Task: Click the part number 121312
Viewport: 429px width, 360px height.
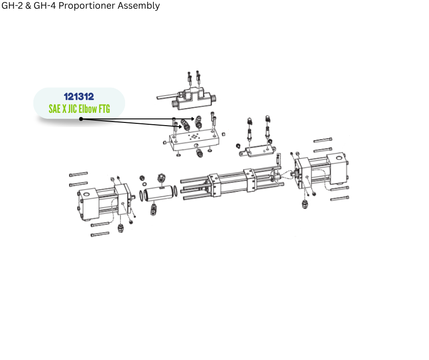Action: (79, 96)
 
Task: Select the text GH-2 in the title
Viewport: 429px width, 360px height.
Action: (12, 5)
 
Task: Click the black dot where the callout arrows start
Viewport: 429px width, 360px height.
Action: (81, 119)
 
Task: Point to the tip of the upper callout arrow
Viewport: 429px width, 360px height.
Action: (194, 119)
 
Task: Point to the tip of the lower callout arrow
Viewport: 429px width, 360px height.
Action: (182, 127)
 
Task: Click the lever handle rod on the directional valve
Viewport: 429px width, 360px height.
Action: (167, 96)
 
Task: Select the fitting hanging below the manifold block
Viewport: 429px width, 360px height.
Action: (199, 152)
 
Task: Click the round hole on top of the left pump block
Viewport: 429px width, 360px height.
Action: (86, 195)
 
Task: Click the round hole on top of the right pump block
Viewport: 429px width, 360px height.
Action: (339, 158)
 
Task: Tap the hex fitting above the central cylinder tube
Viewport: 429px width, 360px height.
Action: (161, 179)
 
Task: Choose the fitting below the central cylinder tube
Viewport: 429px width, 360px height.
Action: (153, 209)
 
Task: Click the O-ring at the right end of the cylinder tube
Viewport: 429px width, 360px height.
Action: (175, 191)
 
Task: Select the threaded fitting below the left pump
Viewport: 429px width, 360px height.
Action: (120, 228)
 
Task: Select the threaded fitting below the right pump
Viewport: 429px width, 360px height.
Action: (305, 204)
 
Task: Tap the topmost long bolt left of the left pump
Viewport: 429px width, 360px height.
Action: (78, 174)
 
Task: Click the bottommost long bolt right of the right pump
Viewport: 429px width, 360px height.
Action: (340, 198)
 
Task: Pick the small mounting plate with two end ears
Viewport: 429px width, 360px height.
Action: (257, 151)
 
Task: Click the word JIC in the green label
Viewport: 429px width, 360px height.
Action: (73, 109)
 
